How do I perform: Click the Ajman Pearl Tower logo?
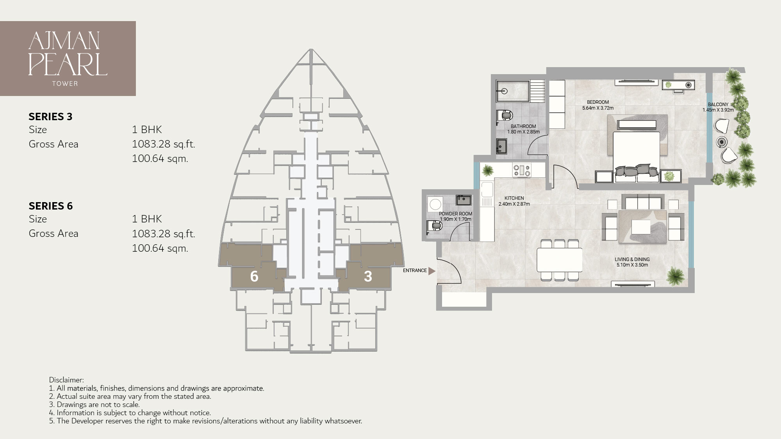[x=68, y=59]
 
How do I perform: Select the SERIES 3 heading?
[x=50, y=117]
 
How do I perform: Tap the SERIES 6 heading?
[x=50, y=206]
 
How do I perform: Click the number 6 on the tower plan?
[x=254, y=276]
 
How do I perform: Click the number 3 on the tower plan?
[x=367, y=276]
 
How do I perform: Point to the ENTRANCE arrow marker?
[x=431, y=271]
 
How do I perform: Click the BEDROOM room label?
[x=597, y=102]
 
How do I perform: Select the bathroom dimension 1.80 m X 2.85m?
[x=523, y=132]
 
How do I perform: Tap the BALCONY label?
[x=718, y=105]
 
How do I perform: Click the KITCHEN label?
[x=514, y=198]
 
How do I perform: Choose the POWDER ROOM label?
[x=455, y=214]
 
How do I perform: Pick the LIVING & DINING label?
[x=632, y=259]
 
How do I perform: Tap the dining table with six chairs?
[x=559, y=260]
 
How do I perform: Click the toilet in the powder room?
[x=433, y=226]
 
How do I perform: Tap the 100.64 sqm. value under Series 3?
[x=160, y=159]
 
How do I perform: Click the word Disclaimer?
[x=66, y=380]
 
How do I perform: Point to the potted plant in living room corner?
[x=675, y=276]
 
